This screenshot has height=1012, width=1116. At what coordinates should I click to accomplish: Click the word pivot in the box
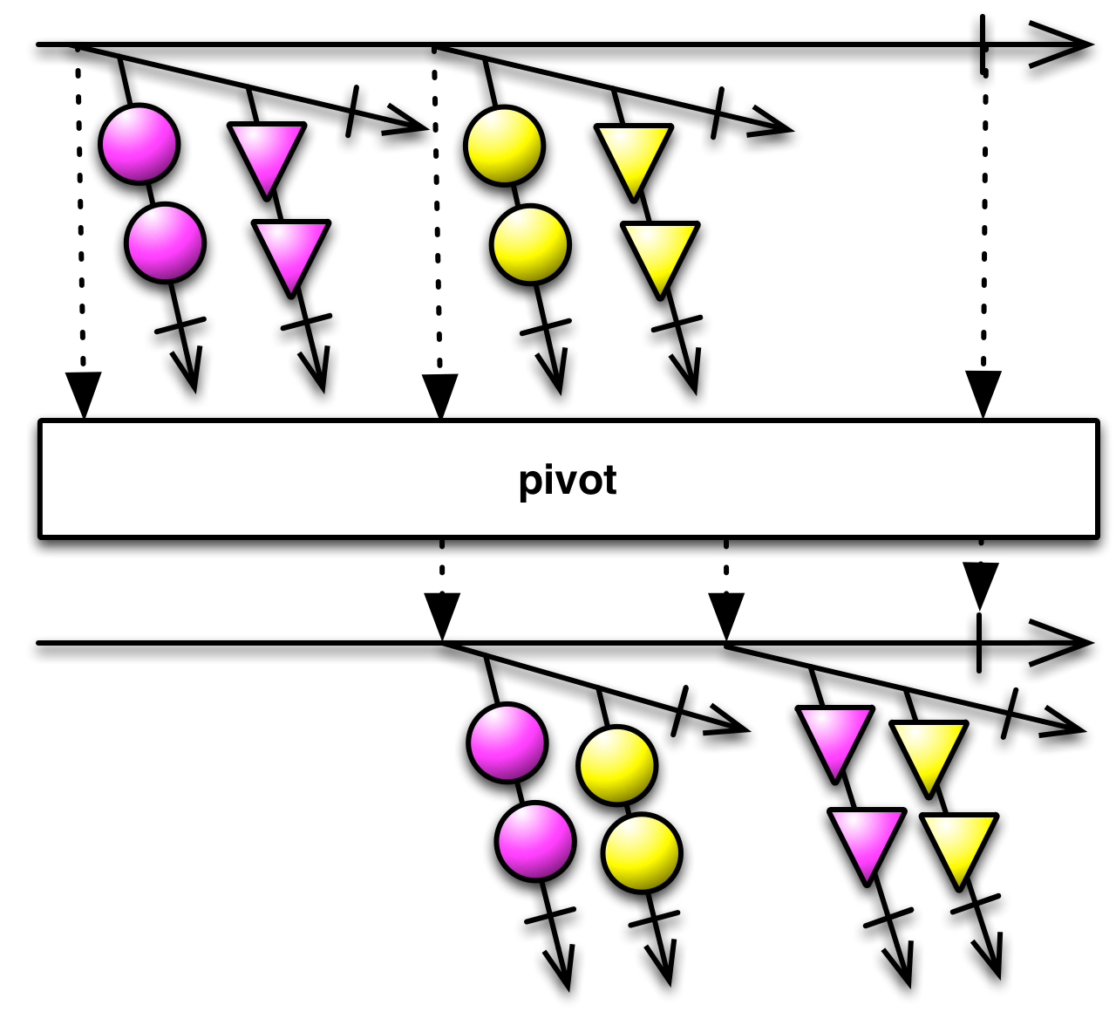[568, 481]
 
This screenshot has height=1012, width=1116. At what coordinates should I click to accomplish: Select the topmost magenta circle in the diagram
[139, 144]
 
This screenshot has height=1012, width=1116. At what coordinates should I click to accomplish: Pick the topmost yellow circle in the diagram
[505, 146]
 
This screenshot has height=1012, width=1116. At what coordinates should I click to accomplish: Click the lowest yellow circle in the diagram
[641, 852]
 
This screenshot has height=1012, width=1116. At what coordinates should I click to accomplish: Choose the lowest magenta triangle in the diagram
[867, 840]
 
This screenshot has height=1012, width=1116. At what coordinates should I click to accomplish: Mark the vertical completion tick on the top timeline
[983, 44]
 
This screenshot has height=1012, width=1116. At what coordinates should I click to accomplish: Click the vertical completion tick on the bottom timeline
[980, 643]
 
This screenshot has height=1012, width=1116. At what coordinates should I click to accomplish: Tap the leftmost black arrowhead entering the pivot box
[84, 393]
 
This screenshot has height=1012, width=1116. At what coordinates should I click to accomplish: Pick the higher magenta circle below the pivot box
[507, 742]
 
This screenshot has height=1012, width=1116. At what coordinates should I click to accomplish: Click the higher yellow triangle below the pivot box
[929, 752]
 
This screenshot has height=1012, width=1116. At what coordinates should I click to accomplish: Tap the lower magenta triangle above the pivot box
[291, 252]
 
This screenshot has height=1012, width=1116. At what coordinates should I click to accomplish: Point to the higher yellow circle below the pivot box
[616, 765]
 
